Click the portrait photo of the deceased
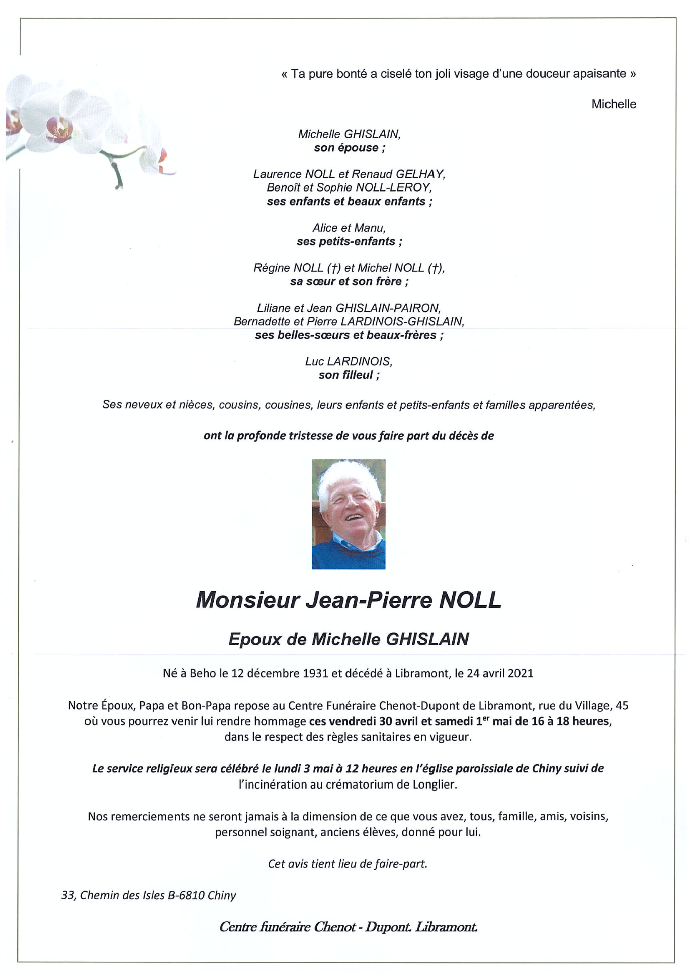(x=349, y=514)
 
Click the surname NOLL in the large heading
(x=470, y=600)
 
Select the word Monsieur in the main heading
(x=247, y=600)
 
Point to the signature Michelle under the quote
(x=614, y=104)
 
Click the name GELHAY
(x=420, y=174)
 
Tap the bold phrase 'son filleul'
(x=346, y=375)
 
